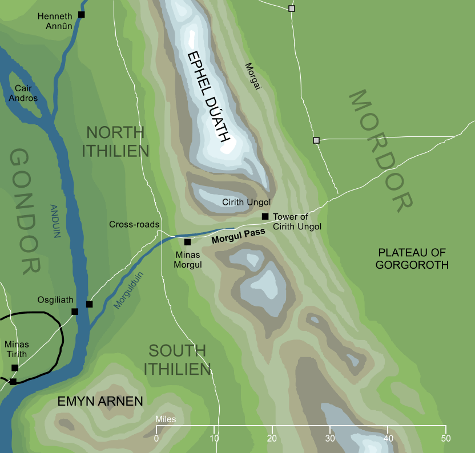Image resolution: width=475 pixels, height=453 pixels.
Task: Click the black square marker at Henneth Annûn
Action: [81, 14]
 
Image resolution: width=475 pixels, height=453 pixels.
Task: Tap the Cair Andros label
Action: [26, 93]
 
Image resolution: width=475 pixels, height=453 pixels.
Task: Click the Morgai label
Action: [251, 76]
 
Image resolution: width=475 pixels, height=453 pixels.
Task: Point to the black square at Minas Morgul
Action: [187, 242]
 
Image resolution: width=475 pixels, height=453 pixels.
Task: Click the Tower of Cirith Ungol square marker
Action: [265, 216]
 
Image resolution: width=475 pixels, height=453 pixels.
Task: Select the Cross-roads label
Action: [134, 225]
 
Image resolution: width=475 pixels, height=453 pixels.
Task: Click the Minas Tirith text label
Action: [16, 349]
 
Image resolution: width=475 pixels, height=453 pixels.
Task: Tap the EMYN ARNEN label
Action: [100, 402]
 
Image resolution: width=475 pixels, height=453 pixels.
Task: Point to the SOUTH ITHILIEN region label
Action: [177, 359]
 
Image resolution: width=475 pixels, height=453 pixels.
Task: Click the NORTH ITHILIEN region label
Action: [116, 141]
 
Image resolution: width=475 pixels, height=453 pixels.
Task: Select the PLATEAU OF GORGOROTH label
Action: [413, 258]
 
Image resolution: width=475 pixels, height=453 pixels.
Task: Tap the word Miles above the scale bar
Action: [164, 419]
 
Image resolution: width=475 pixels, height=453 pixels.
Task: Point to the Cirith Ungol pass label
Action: [245, 202]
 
